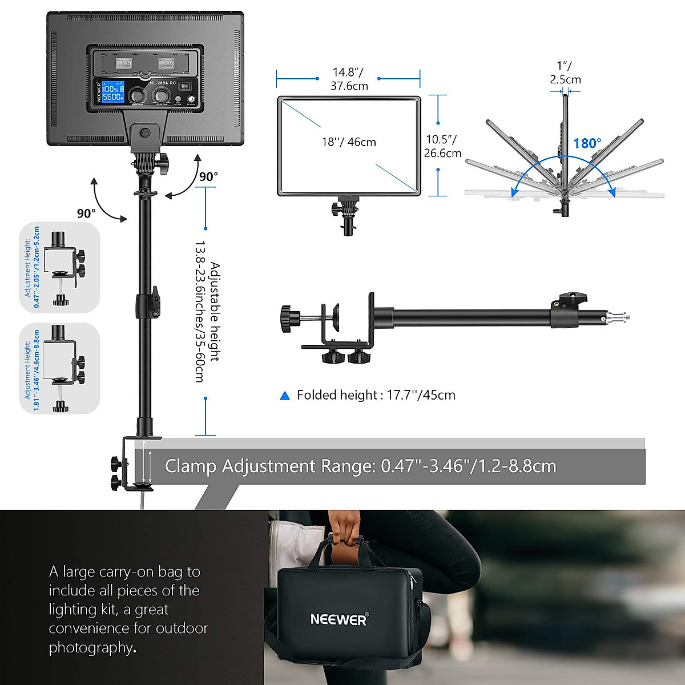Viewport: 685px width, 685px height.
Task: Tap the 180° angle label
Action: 587,143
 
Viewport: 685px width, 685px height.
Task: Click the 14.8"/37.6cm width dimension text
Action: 349,79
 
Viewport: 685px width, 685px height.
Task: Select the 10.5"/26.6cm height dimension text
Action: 442,146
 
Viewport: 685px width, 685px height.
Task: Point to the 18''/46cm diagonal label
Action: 349,142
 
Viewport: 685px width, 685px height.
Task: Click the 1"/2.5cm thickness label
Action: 565,73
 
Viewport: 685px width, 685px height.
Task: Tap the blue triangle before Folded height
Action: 285,396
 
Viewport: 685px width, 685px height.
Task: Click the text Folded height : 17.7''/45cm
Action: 376,395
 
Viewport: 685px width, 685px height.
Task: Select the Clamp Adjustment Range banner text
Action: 360,466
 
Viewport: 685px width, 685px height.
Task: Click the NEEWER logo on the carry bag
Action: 339,619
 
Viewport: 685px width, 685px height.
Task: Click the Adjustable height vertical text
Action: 207,311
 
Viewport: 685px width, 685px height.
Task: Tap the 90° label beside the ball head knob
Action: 208,177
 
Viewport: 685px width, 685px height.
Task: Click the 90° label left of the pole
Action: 86,213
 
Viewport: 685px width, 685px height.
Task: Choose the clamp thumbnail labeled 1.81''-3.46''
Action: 61,369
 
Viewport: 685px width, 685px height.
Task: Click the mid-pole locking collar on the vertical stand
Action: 147,304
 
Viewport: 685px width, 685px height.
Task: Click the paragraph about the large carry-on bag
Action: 128,609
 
